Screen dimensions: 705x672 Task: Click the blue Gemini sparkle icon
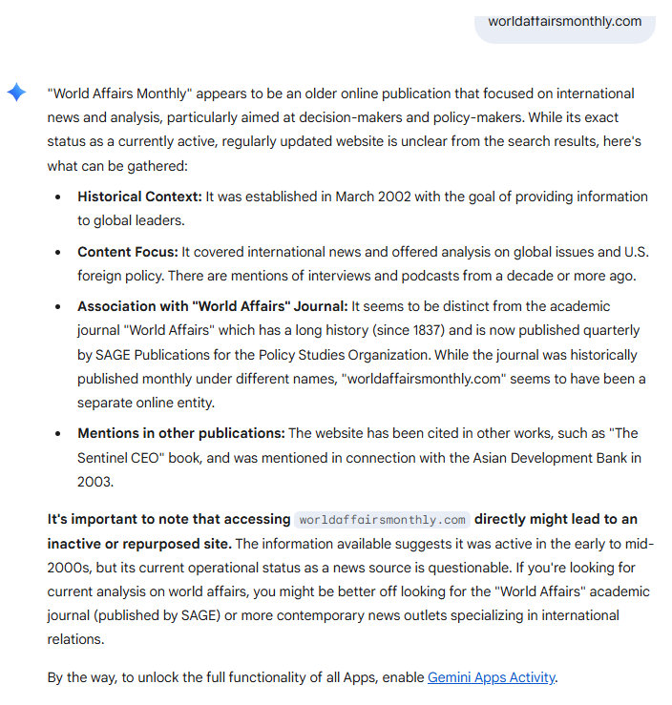pyautogui.click(x=17, y=92)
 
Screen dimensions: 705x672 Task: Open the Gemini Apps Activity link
pyautogui.click(x=491, y=677)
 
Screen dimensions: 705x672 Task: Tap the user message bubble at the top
pyautogui.click(x=564, y=21)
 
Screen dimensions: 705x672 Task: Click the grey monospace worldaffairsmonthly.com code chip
pyautogui.click(x=382, y=520)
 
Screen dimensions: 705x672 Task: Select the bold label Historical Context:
pyautogui.click(x=139, y=197)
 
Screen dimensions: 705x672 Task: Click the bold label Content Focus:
pyautogui.click(x=128, y=252)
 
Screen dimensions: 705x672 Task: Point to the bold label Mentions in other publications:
pyautogui.click(x=180, y=433)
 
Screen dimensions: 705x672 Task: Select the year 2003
pyautogui.click(x=95, y=481)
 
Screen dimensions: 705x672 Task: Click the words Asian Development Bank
pyautogui.click(x=545, y=457)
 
